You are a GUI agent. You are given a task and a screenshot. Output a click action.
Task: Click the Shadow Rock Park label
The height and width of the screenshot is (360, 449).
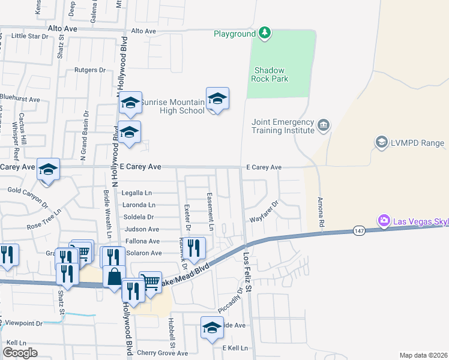pos(271,74)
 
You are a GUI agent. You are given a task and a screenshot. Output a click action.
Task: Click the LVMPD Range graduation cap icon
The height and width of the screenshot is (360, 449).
pos(381,142)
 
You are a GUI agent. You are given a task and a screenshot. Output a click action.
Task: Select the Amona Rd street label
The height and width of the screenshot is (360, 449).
pos(321,211)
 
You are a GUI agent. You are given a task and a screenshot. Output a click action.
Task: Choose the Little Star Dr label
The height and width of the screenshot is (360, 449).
pos(29,36)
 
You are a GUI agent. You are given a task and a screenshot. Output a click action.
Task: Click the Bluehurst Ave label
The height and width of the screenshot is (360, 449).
pos(20,99)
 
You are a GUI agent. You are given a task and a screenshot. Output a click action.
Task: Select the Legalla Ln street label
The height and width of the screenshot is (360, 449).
pos(137,193)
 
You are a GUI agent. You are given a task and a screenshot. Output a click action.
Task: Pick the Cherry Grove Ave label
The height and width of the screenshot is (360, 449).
pos(163,353)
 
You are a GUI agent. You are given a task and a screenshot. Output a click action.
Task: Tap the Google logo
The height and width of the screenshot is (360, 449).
pos(20,353)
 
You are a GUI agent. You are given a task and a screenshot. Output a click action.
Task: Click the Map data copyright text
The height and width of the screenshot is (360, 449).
pos(423,355)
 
